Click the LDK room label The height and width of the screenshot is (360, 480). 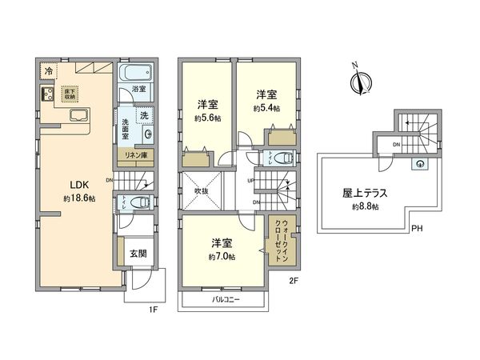point(74,182)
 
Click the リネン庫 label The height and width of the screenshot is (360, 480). point(137,155)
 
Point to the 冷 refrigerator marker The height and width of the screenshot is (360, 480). point(49,70)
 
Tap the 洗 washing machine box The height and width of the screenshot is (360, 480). point(144,115)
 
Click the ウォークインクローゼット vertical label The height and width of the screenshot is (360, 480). point(282,242)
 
